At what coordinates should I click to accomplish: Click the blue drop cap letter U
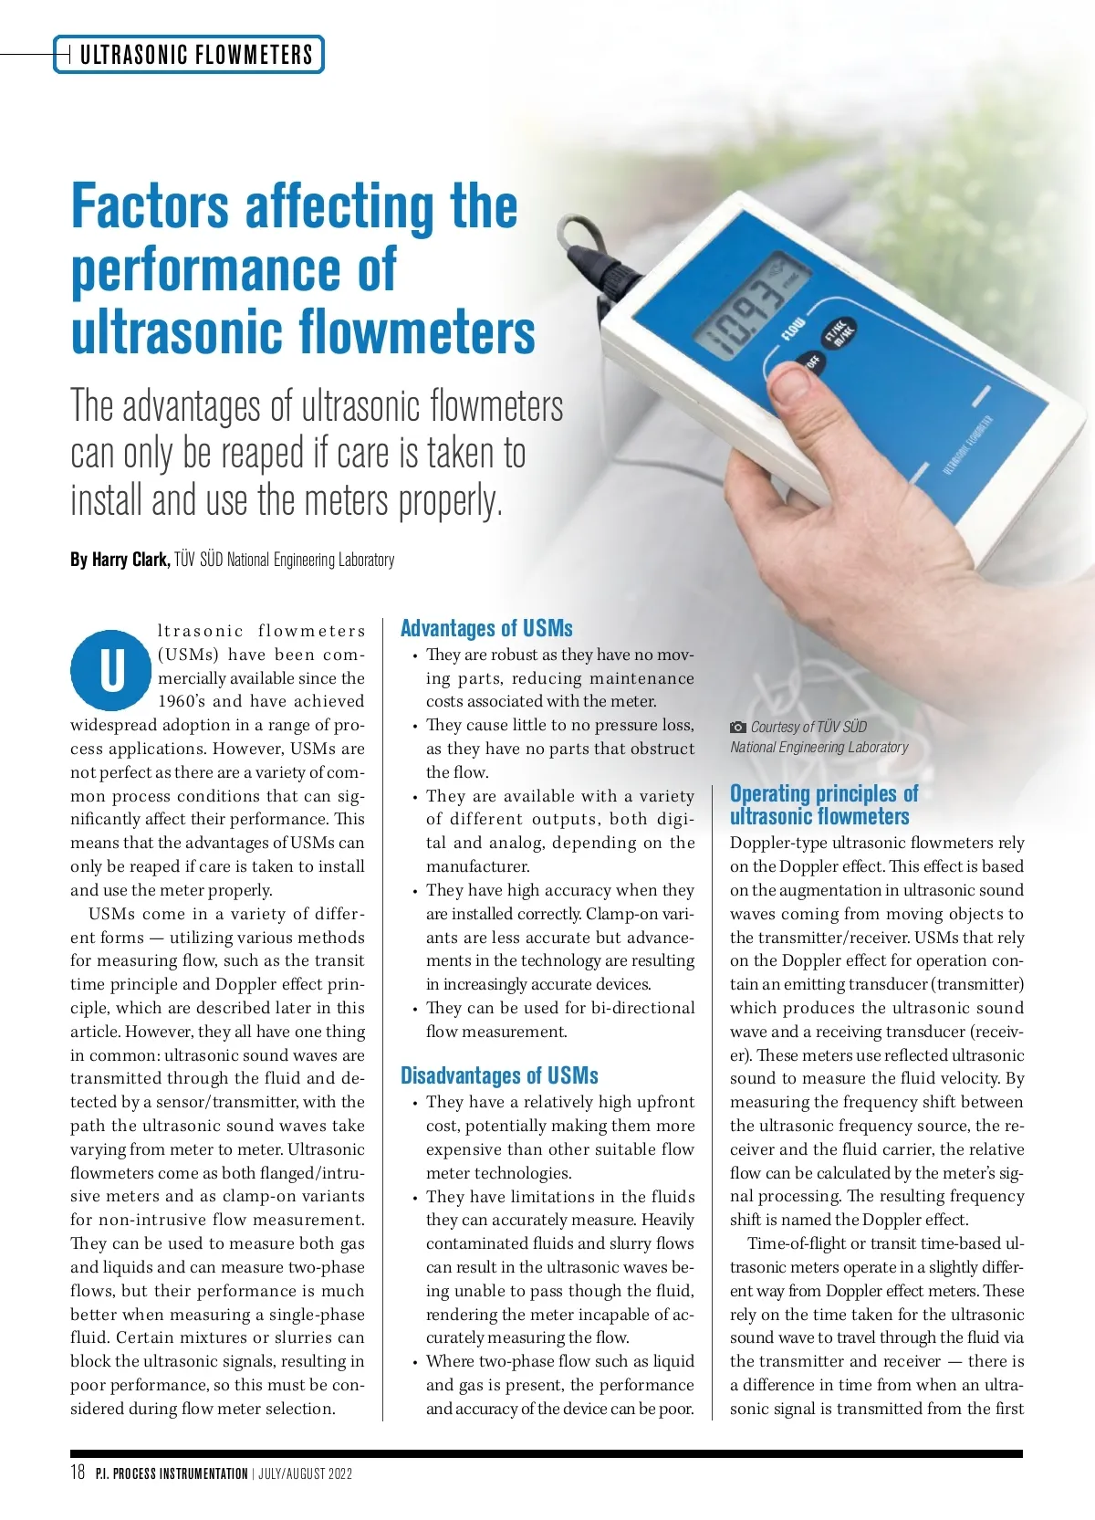pos(111,670)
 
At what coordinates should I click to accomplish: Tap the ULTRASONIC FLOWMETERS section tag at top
pos(195,55)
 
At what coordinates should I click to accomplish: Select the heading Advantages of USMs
pos(486,628)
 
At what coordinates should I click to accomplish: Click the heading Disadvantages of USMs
pos(499,1075)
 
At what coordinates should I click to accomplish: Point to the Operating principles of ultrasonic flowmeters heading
pos(823,804)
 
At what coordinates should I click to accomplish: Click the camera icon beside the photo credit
pos(737,728)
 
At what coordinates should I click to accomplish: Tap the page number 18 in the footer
pos(78,1472)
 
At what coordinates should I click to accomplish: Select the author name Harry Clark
pos(130,560)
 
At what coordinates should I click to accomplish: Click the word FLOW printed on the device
pos(793,329)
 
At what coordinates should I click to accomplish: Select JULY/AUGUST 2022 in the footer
pos(306,1473)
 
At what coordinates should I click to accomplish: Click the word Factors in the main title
pos(150,207)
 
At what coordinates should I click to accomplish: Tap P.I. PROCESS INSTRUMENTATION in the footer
pos(172,1473)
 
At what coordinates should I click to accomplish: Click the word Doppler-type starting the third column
pos(779,843)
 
